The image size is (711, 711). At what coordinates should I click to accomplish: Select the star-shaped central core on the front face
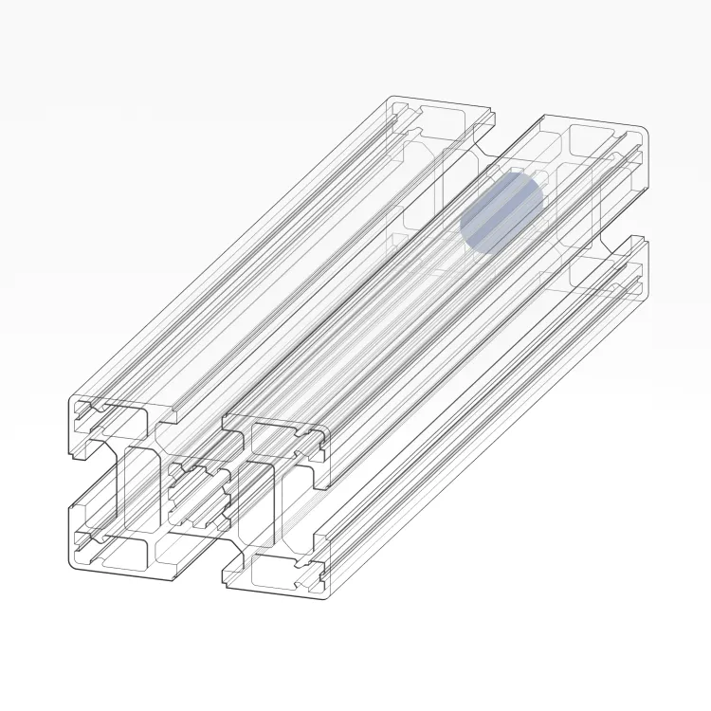(x=199, y=496)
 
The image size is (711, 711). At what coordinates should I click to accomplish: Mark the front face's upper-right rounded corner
(x=326, y=434)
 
